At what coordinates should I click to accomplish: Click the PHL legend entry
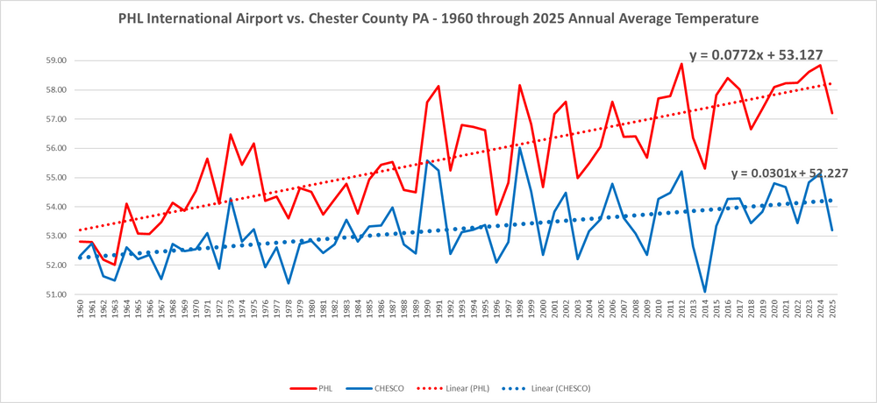tap(316, 385)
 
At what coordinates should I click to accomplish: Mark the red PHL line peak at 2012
tap(681, 63)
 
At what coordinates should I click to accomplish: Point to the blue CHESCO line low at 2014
tap(705, 292)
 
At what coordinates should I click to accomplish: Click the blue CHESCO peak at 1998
tap(520, 147)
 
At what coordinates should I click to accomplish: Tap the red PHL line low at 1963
tap(115, 265)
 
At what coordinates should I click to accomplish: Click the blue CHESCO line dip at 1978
tap(289, 283)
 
